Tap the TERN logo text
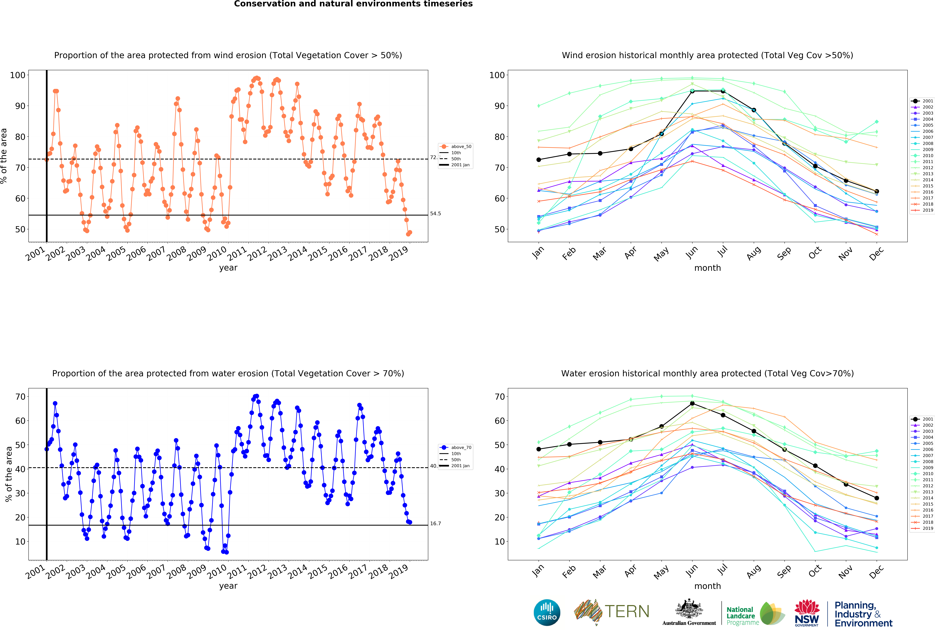(627, 612)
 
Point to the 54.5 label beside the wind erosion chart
(435, 214)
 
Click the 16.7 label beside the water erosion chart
(435, 524)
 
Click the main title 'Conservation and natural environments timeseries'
(353, 4)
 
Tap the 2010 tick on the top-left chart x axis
(217, 253)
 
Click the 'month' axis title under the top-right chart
(707, 268)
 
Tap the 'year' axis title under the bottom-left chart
(228, 586)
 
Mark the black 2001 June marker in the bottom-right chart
(692, 403)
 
